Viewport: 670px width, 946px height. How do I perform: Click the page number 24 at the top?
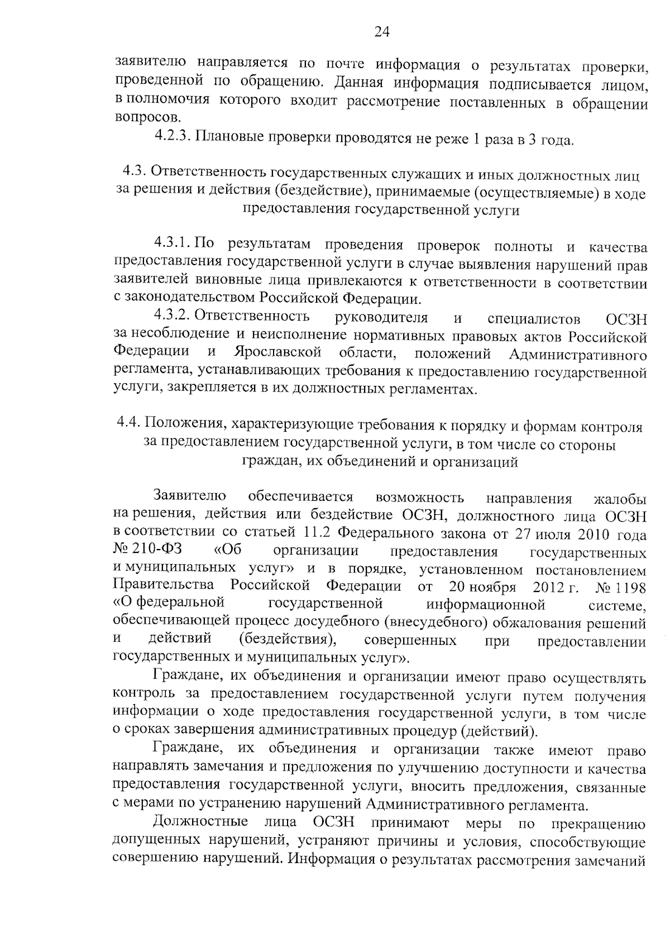point(381,32)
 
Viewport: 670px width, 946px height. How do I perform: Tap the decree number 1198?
point(630,586)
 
